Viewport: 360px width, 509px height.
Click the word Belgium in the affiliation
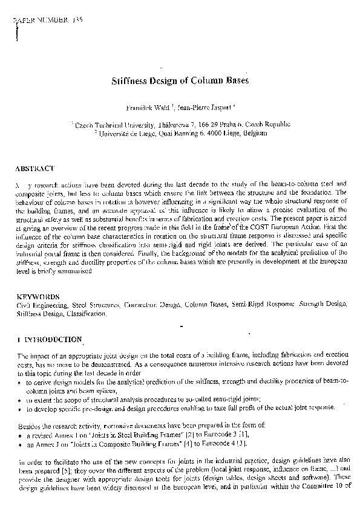click(254, 133)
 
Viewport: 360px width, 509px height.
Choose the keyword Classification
click(85, 314)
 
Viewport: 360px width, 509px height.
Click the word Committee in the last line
click(319, 485)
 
